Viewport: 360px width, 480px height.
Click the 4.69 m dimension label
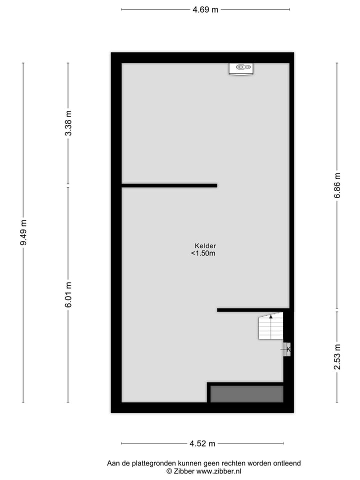[205, 9]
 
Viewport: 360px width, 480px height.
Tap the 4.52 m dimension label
[202, 443]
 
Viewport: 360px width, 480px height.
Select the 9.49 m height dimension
[23, 232]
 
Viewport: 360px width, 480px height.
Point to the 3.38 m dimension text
[68, 123]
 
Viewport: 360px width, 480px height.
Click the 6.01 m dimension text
[68, 295]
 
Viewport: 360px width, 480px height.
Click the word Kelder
[205, 246]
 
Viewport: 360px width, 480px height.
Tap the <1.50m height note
[203, 253]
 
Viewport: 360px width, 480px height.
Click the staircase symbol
[270, 326]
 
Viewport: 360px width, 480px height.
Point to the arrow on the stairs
[271, 316]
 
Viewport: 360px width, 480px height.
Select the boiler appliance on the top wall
[241, 68]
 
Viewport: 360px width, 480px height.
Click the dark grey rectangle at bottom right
[246, 394]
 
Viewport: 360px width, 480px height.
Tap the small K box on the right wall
[287, 349]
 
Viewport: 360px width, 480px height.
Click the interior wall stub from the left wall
[169, 185]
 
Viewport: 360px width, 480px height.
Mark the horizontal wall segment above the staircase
[253, 310]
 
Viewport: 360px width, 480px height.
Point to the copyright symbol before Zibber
[169, 471]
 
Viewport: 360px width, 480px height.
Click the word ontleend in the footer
[287, 463]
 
